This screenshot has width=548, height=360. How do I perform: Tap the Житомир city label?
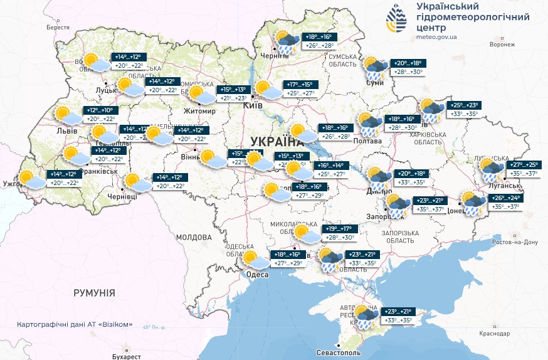[199, 111]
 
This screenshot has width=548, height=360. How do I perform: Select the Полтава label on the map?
[367, 141]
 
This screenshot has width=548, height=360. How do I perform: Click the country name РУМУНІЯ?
[94, 293]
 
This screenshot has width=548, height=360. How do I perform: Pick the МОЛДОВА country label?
[194, 238]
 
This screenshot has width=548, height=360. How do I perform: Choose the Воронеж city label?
[502, 45]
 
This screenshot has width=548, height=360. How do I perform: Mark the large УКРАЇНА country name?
[277, 140]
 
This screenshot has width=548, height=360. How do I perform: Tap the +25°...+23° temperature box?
[464, 105]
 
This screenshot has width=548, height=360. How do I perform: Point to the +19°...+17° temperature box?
[340, 229]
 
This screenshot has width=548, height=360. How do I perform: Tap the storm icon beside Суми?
[376, 68]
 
